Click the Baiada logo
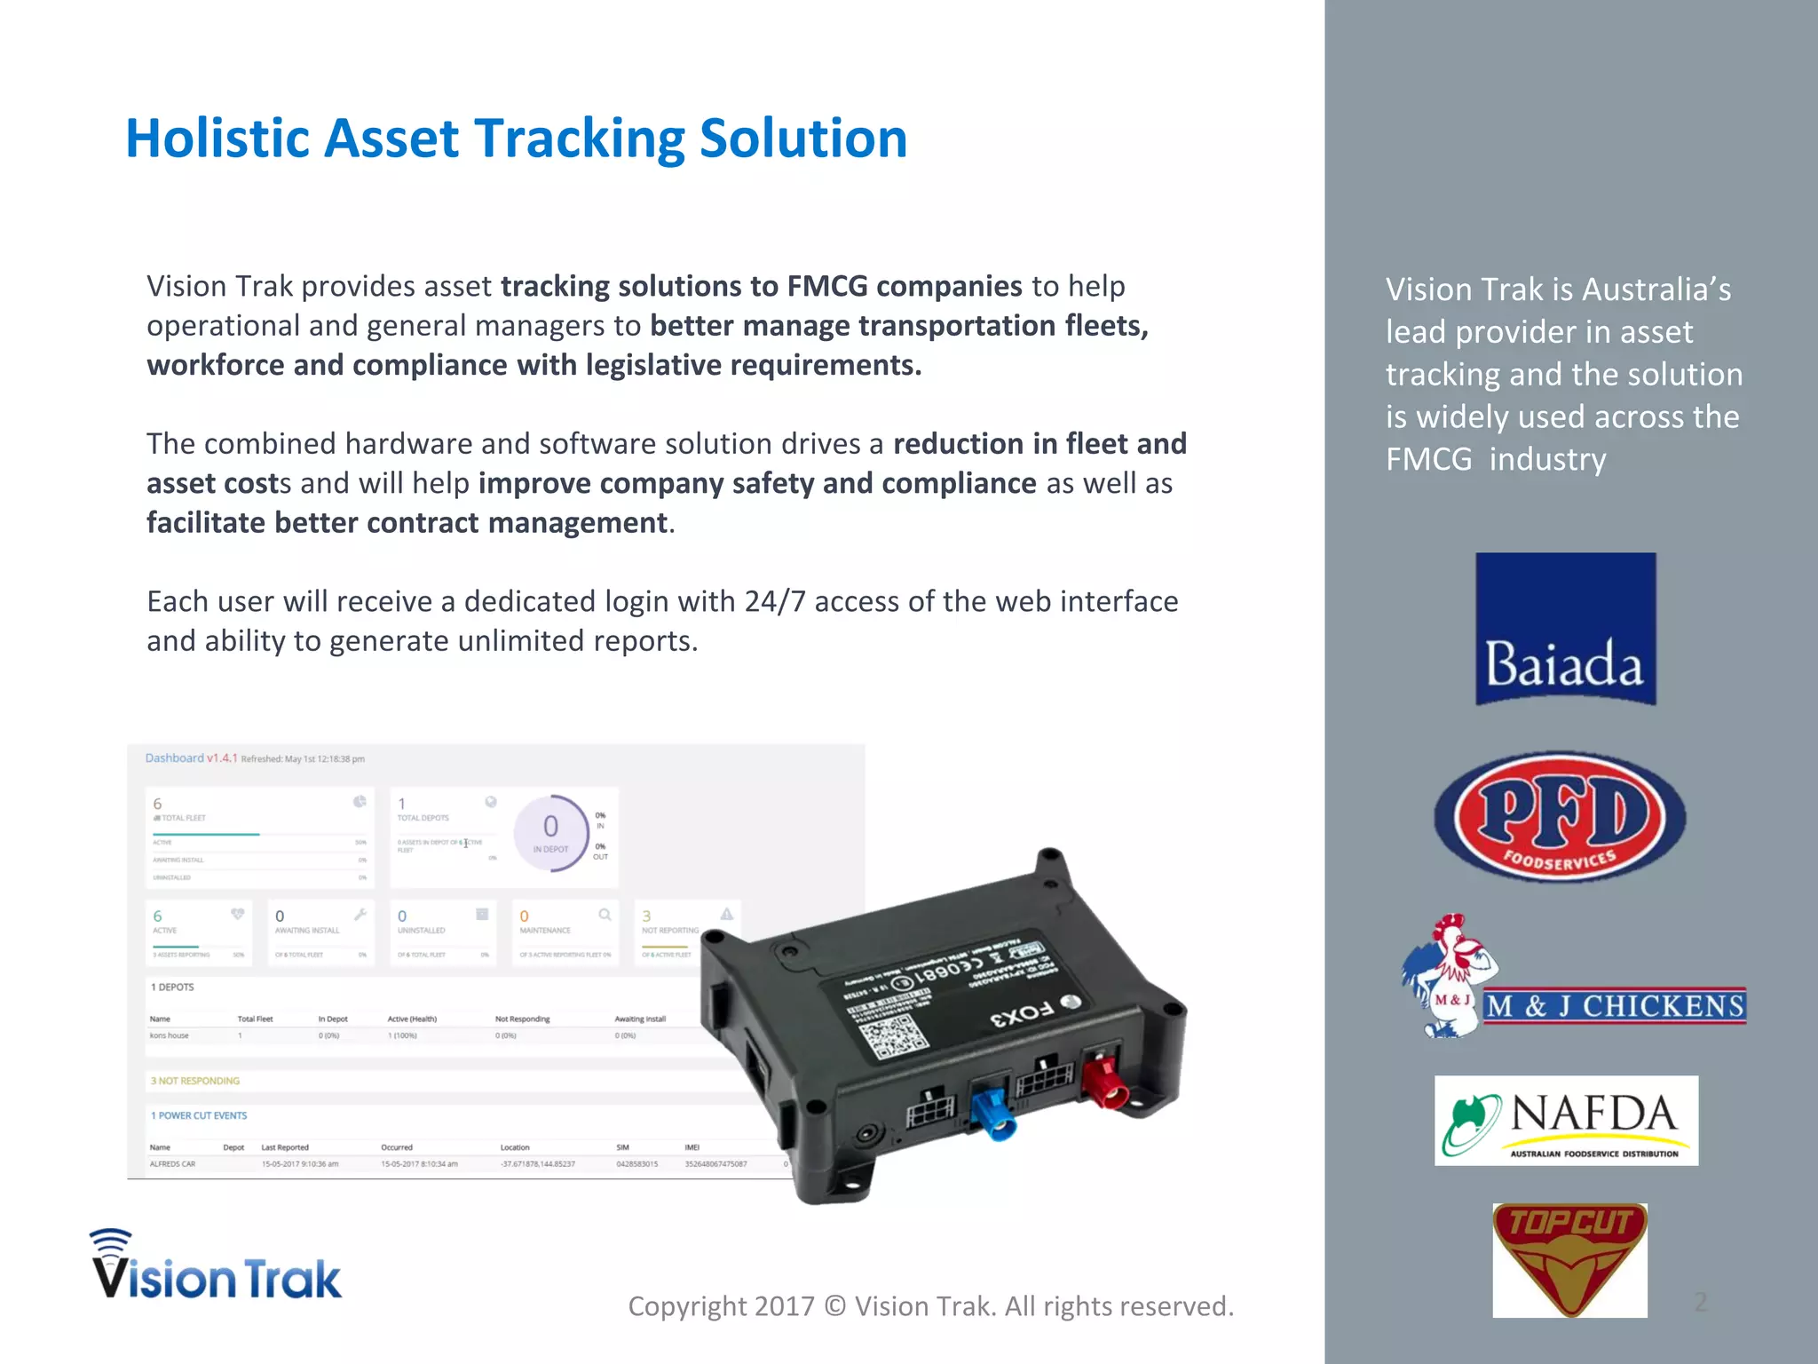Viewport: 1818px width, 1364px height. pyautogui.click(x=1565, y=629)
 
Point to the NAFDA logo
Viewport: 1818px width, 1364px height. pyautogui.click(x=1566, y=1120)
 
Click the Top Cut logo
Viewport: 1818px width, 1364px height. pyautogui.click(x=1569, y=1259)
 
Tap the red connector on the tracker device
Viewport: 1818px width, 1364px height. pyautogui.click(x=1106, y=1080)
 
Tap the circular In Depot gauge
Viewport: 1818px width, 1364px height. pyautogui.click(x=550, y=832)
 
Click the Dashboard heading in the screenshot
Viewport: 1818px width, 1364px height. pyautogui.click(x=175, y=757)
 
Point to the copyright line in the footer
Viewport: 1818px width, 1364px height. pyautogui.click(x=930, y=1305)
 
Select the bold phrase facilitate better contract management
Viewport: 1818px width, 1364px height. pyautogui.click(x=407, y=522)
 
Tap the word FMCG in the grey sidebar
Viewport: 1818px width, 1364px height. pyautogui.click(x=1428, y=459)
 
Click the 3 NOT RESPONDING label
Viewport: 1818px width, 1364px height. pyautogui.click(x=195, y=1081)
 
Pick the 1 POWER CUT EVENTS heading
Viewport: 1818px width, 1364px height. pyautogui.click(x=199, y=1115)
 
